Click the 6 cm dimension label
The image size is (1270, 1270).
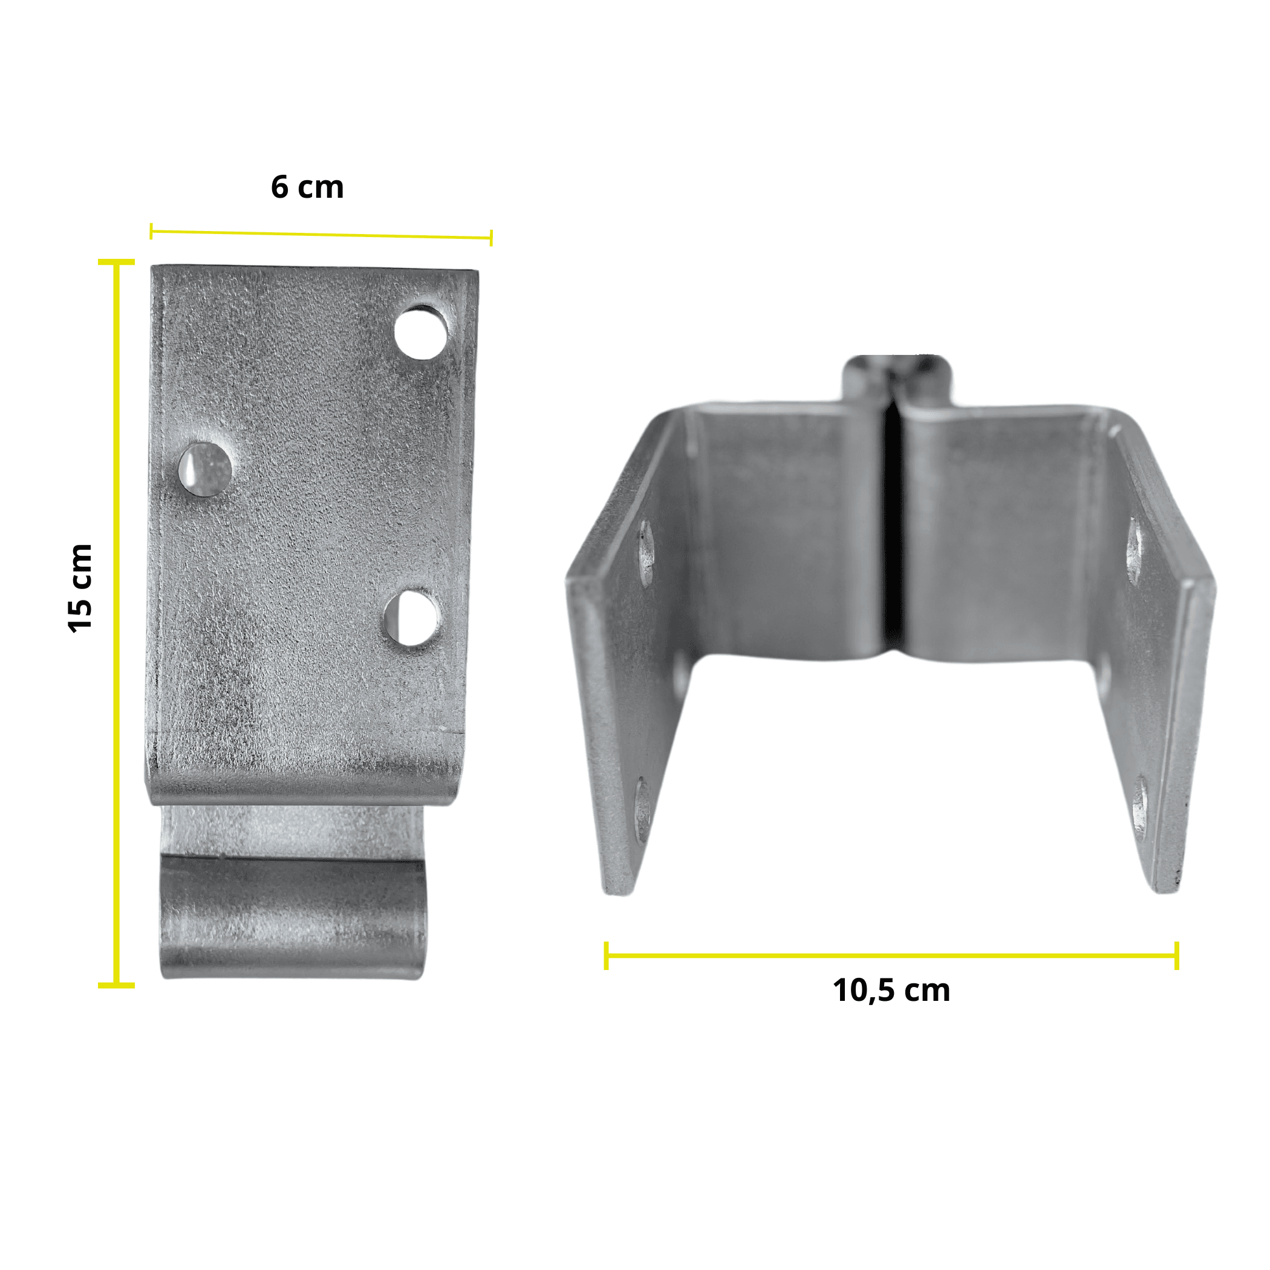[307, 187]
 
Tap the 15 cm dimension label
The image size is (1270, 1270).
[81, 589]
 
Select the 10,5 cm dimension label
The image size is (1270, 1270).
[891, 991]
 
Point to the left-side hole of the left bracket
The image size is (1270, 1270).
[204, 469]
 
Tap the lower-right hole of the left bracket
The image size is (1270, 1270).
[411, 619]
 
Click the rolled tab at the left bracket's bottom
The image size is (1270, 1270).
[293, 917]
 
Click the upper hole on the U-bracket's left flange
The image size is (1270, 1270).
[646, 552]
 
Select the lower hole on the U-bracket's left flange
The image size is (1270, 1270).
[643, 810]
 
